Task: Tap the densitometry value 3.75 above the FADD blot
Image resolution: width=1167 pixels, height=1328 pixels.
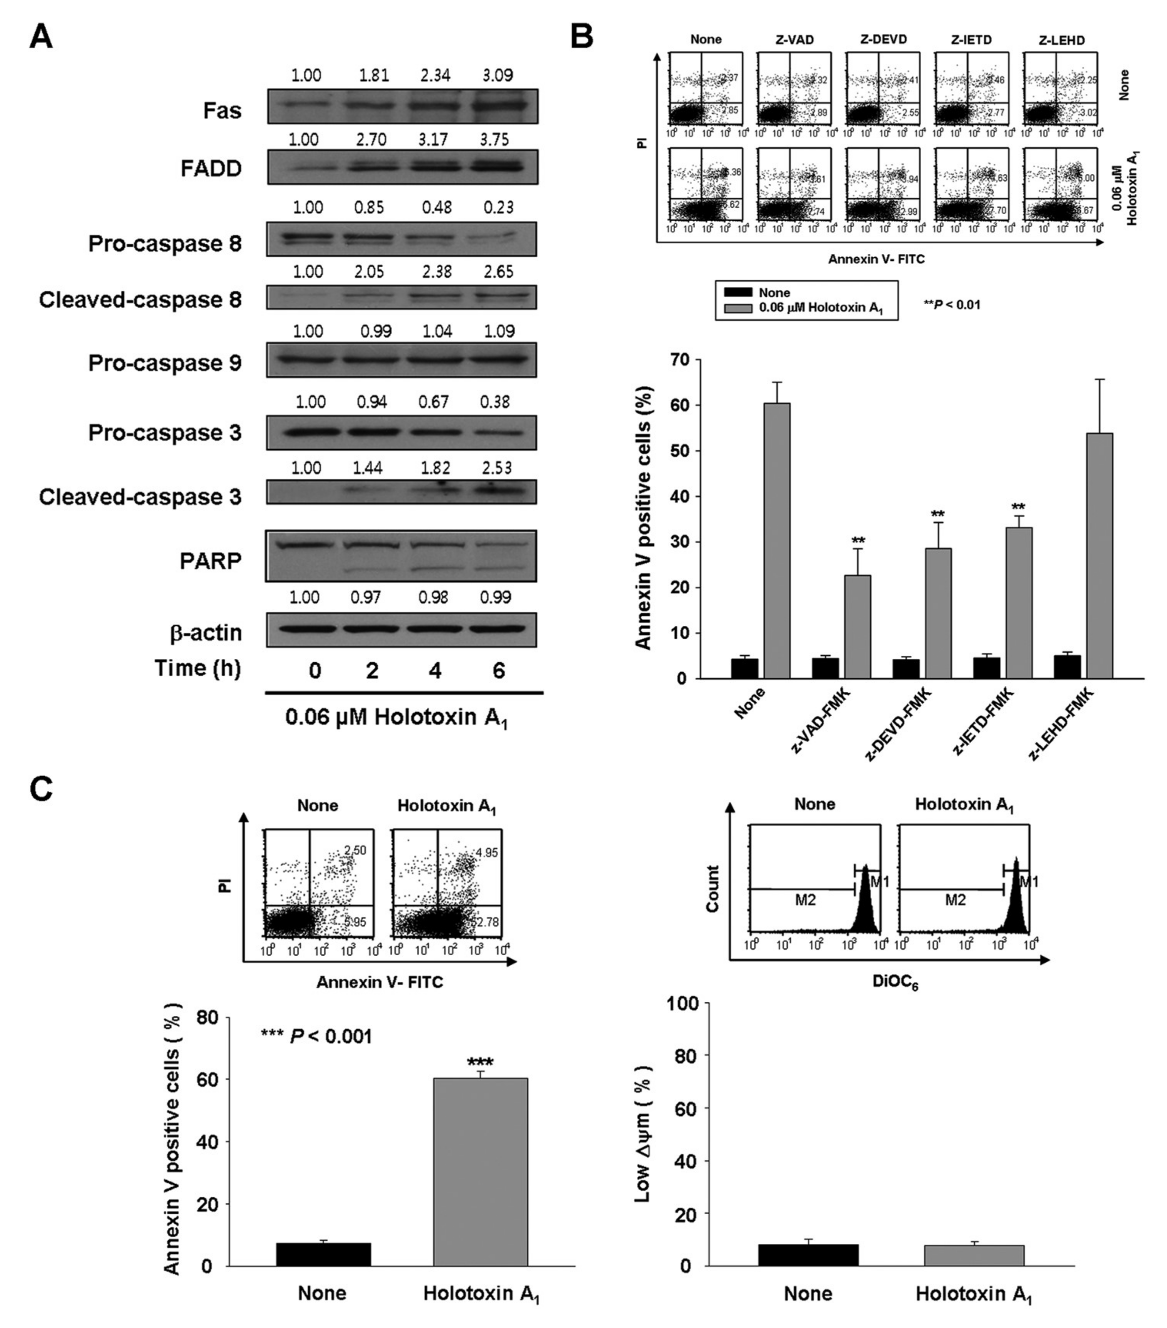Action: (494, 140)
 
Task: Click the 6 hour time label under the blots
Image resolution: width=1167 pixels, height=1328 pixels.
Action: (498, 670)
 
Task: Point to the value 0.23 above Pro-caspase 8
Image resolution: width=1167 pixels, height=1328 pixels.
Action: (498, 207)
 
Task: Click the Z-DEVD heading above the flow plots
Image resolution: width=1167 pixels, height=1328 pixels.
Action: (883, 40)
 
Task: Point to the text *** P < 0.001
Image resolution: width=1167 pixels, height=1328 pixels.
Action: (316, 1036)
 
